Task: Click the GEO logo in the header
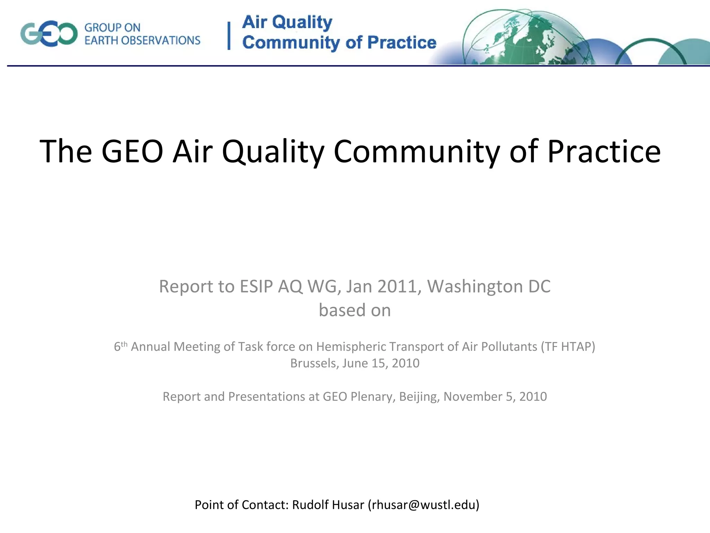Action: pyautogui.click(x=49, y=34)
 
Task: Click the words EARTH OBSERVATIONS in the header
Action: pyautogui.click(x=142, y=41)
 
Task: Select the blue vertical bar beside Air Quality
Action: pyautogui.click(x=229, y=36)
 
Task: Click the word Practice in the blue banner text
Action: pyautogui.click(x=401, y=43)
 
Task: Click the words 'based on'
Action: pyautogui.click(x=355, y=310)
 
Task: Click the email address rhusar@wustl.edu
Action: pyautogui.click(x=424, y=505)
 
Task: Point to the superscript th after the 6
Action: pyautogui.click(x=124, y=344)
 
